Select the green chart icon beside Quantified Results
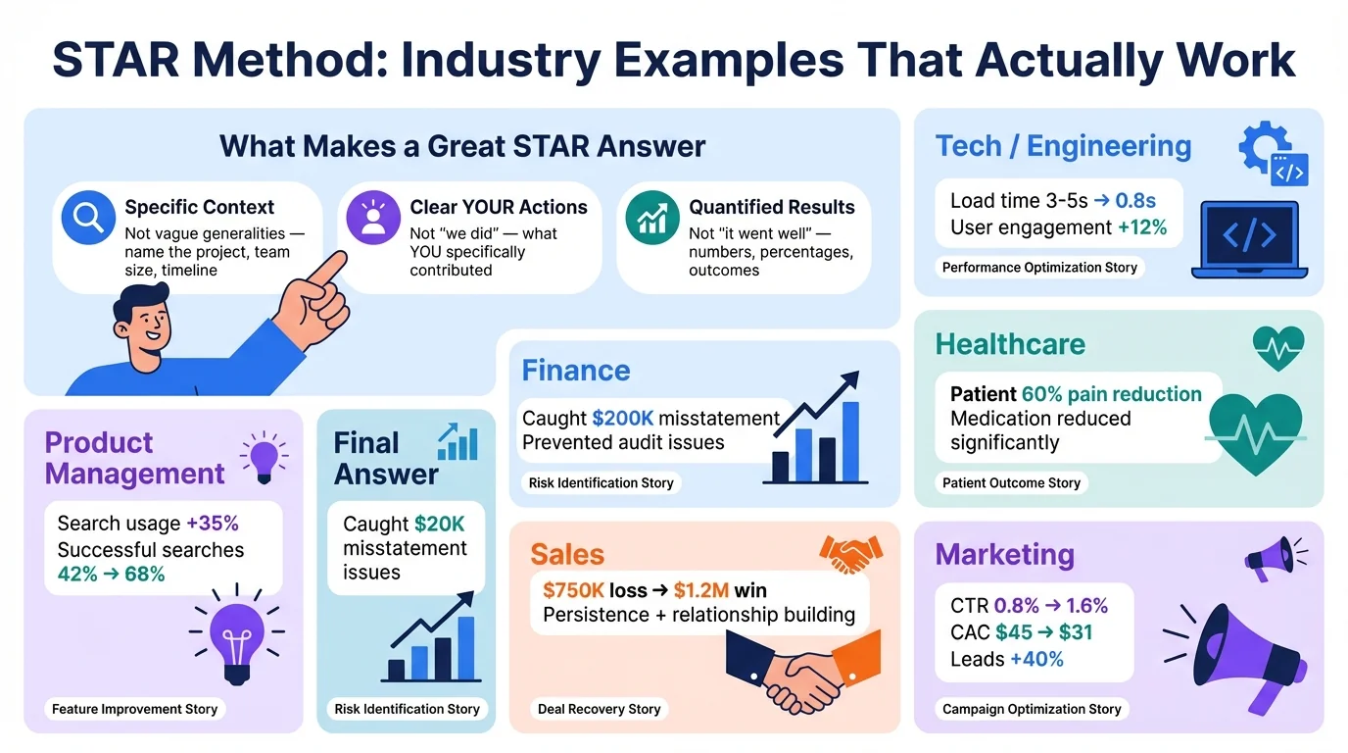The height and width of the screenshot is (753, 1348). point(652,218)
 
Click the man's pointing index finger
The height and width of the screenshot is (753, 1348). point(327,269)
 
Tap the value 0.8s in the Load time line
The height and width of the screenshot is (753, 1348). point(1136,201)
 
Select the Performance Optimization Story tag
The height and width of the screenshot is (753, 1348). point(1039,267)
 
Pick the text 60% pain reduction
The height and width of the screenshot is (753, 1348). point(1111,394)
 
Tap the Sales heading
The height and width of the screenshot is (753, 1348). point(567,554)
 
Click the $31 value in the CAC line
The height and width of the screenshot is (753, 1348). point(1075,632)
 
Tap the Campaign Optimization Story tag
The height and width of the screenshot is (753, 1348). point(1032,709)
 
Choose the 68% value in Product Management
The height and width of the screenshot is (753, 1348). point(145,575)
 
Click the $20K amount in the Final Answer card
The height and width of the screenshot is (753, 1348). point(440,524)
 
